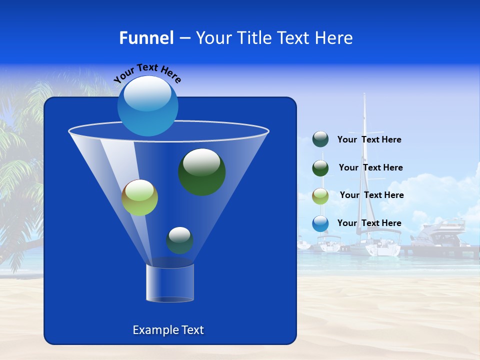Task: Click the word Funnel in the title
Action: click(x=146, y=38)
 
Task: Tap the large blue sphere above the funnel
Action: click(x=147, y=105)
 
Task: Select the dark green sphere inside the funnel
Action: click(x=202, y=171)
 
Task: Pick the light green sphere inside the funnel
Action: click(x=140, y=197)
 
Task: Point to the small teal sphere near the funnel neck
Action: click(x=180, y=240)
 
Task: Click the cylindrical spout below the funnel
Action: click(x=170, y=283)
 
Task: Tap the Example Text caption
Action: click(x=168, y=330)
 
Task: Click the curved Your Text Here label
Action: click(x=147, y=73)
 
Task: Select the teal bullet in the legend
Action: click(x=320, y=139)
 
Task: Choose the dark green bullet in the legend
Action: click(x=320, y=168)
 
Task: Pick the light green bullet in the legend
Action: click(x=320, y=196)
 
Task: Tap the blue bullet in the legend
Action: click(x=320, y=223)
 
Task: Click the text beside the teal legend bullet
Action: click(x=369, y=140)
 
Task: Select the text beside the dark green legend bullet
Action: click(x=370, y=168)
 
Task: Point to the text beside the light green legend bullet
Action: click(x=371, y=195)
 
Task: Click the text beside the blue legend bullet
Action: click(x=369, y=223)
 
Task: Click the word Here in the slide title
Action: click(x=334, y=38)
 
